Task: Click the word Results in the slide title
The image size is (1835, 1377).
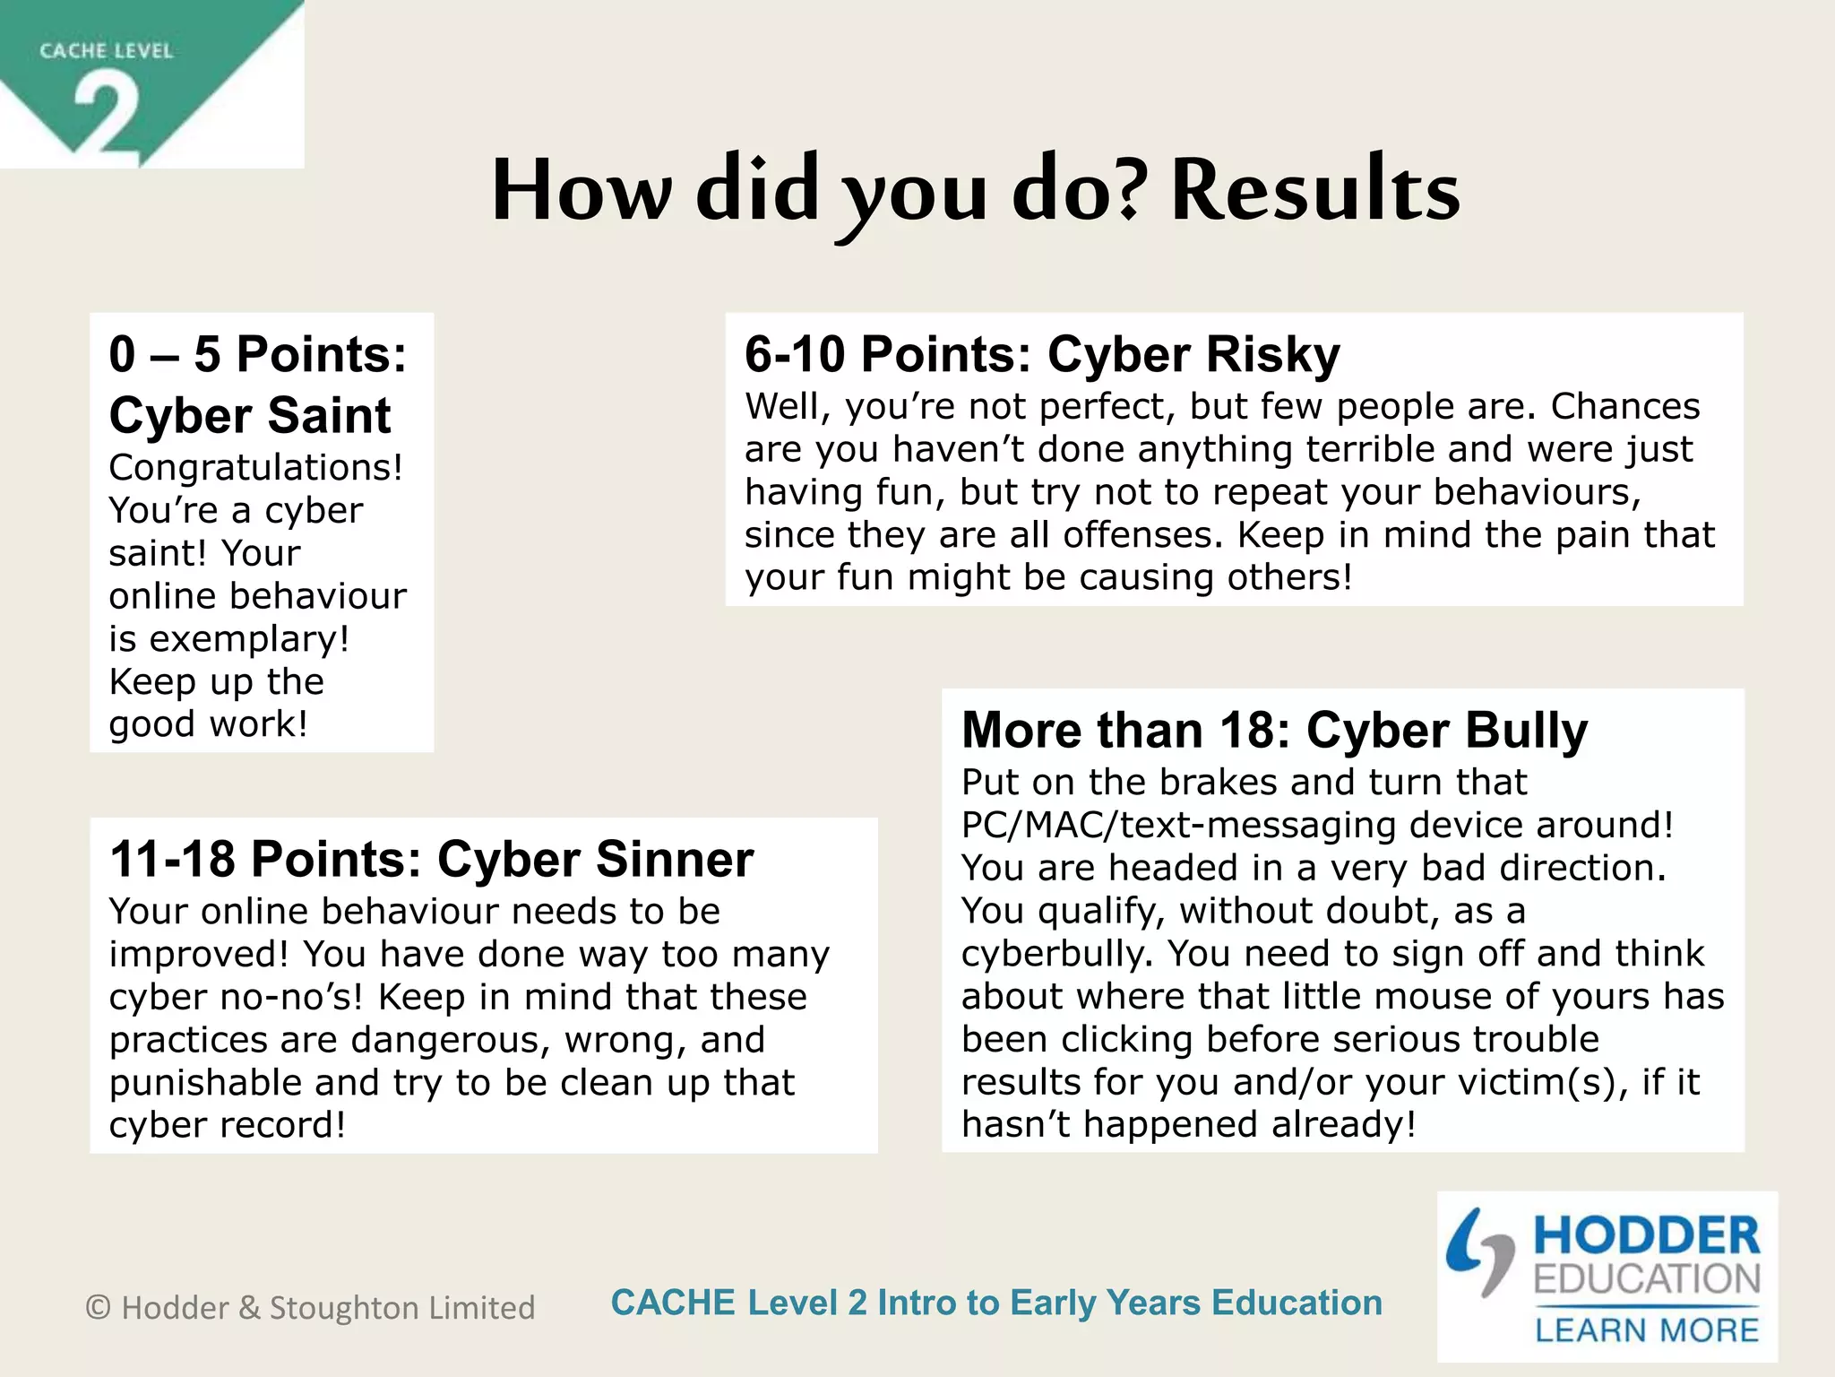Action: click(x=1314, y=190)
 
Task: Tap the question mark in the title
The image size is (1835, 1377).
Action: click(x=1132, y=190)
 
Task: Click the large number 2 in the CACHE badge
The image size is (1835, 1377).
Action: click(x=108, y=117)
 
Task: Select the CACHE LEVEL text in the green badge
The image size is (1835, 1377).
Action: click(x=106, y=51)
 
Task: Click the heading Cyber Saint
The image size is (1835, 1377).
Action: click(x=250, y=416)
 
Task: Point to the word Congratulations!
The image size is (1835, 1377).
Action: click(x=256, y=468)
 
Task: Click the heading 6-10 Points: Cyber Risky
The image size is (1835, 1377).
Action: click(x=1042, y=354)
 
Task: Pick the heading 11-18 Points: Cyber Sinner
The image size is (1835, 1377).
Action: click(x=431, y=859)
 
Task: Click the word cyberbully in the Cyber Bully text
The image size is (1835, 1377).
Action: click(x=1056, y=954)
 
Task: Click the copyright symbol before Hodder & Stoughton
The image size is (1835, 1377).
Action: click(x=98, y=1308)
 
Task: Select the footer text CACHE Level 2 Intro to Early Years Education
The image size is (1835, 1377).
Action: click(x=996, y=1303)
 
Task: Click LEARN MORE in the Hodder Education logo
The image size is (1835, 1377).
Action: click(x=1647, y=1330)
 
